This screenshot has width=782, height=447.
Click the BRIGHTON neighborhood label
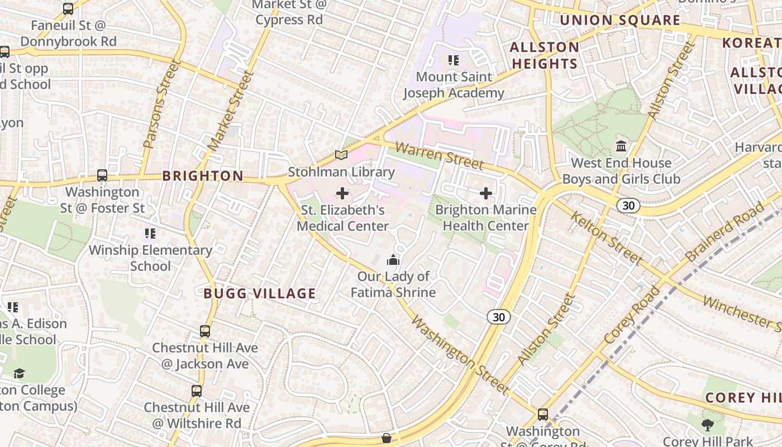pos(203,176)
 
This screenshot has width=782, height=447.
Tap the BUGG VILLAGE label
pos(260,294)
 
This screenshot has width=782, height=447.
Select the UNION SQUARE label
pos(620,21)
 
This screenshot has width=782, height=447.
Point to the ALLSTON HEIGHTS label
pos(545,55)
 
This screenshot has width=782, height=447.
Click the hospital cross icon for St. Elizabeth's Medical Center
pos(342,194)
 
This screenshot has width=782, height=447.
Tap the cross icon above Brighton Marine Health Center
pos(486,194)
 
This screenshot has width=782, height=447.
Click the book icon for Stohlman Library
pos(341,155)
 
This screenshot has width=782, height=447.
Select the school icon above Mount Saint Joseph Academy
pos(454,60)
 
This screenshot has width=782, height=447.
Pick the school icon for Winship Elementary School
pos(150,234)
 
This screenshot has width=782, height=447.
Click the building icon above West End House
pos(621,146)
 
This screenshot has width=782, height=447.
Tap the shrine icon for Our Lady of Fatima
pos(393,260)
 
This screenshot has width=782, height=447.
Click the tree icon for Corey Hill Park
pos(707,425)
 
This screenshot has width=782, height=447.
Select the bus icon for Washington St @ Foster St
pos(102,175)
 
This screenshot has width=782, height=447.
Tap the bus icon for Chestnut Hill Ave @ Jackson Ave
pos(205,331)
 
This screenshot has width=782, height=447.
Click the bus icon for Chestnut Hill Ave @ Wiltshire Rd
pos(197,391)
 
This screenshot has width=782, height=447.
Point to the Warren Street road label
pos(439,156)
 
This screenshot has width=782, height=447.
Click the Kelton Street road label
pos(605,238)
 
